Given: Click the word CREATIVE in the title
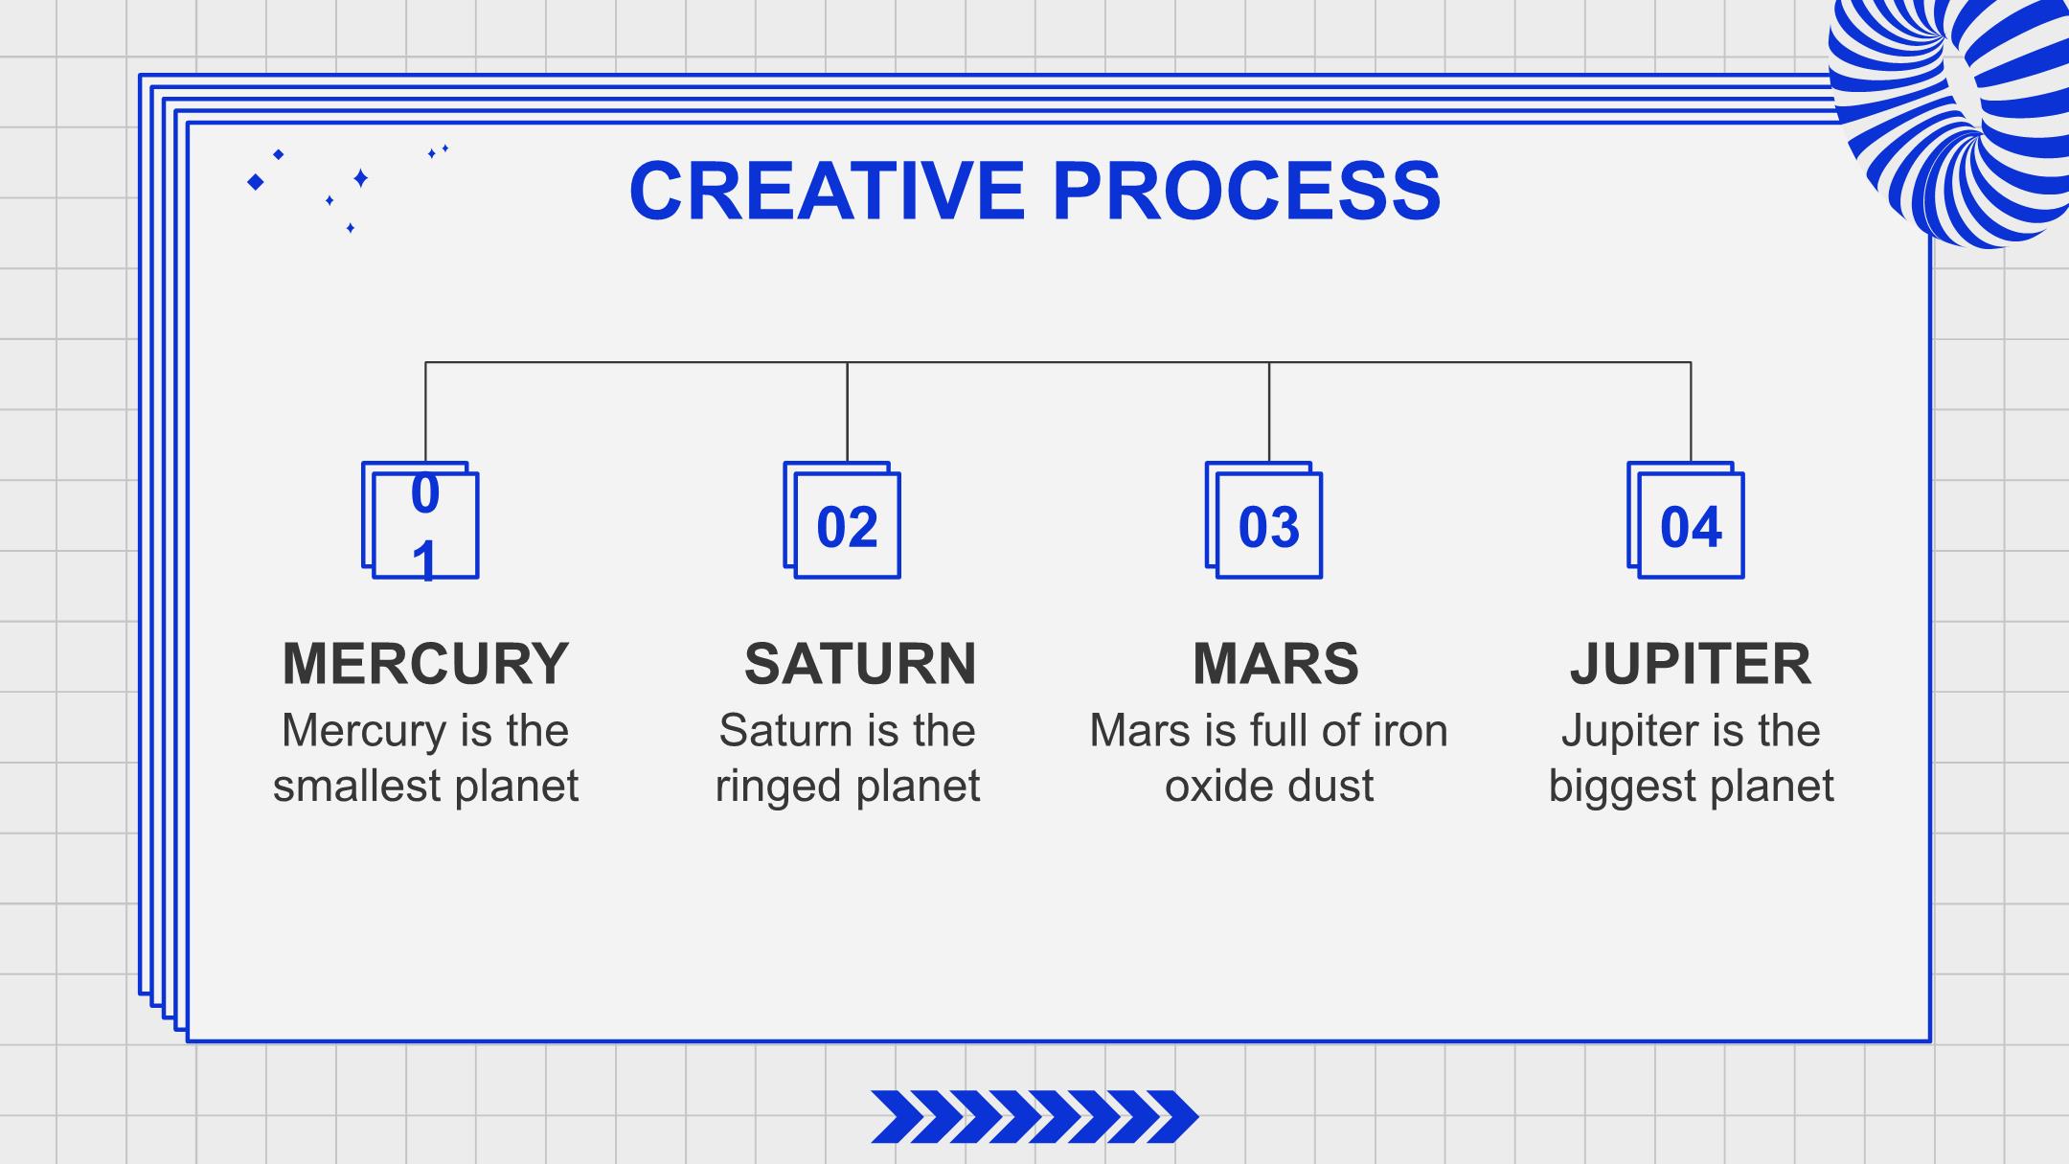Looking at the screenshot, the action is click(x=828, y=191).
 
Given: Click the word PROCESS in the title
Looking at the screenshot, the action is click(x=1246, y=191).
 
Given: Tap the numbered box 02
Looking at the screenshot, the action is click(x=843, y=520).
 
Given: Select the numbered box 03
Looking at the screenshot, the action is click(x=1264, y=520).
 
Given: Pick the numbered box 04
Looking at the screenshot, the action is click(x=1686, y=520).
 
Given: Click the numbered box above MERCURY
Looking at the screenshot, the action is click(x=421, y=520).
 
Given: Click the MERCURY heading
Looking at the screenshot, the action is click(x=425, y=663).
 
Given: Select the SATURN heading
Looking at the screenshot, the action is click(x=860, y=663).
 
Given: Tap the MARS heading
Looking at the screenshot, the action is click(x=1276, y=663).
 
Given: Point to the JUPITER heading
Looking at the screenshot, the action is click(x=1691, y=663).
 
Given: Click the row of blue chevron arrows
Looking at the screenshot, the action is click(x=1034, y=1117).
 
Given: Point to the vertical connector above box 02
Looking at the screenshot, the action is click(x=848, y=412).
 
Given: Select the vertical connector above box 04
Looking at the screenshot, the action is click(x=1691, y=412).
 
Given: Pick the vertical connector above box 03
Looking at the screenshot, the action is click(x=1269, y=412).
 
